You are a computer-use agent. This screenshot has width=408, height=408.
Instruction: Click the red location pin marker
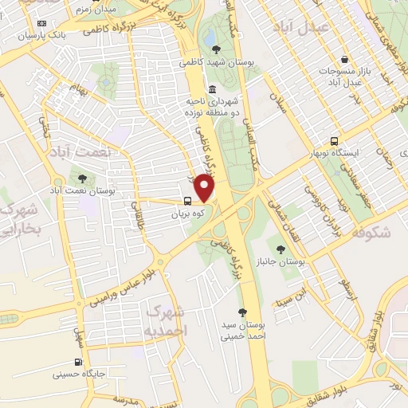206,189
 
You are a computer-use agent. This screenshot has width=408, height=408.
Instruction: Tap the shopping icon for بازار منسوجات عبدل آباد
343,60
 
